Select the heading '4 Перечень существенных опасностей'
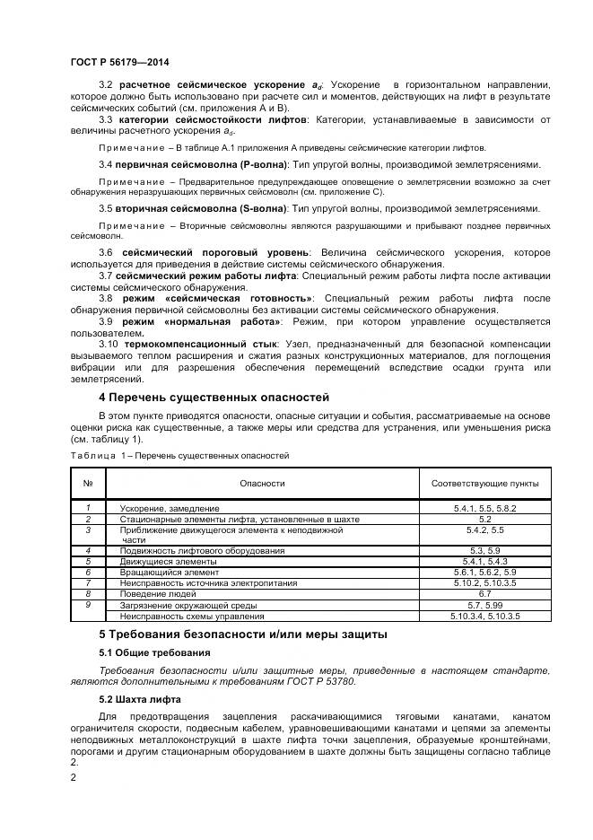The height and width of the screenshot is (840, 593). coord(214,397)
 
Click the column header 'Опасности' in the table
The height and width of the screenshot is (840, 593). coord(262,484)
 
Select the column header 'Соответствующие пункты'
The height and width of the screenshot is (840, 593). coord(484,484)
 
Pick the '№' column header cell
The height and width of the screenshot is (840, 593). coord(88,484)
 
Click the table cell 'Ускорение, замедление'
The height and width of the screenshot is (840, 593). coord(170,508)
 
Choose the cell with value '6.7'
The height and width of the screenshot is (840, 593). coord(484,594)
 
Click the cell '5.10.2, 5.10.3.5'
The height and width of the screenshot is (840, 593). coord(484,583)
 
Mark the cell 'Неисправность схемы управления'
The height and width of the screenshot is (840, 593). coord(192,617)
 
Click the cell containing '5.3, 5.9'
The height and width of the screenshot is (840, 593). coord(484,550)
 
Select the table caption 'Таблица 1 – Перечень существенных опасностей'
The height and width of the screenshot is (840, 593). coord(179,456)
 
